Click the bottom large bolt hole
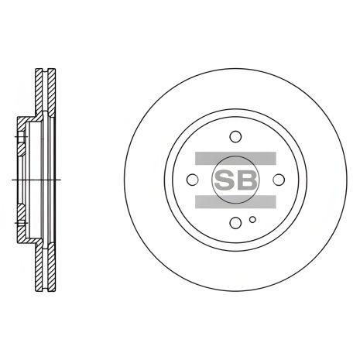[235, 221]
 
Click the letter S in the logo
[225, 180]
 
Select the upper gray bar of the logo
[235, 159]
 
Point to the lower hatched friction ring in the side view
[41, 267]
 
